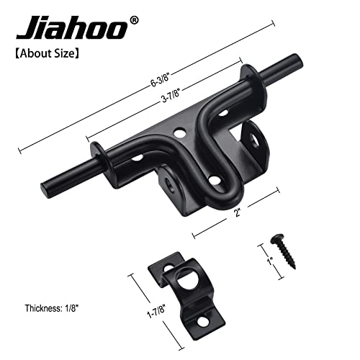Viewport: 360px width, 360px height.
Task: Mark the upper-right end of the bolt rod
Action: point(294,61)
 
